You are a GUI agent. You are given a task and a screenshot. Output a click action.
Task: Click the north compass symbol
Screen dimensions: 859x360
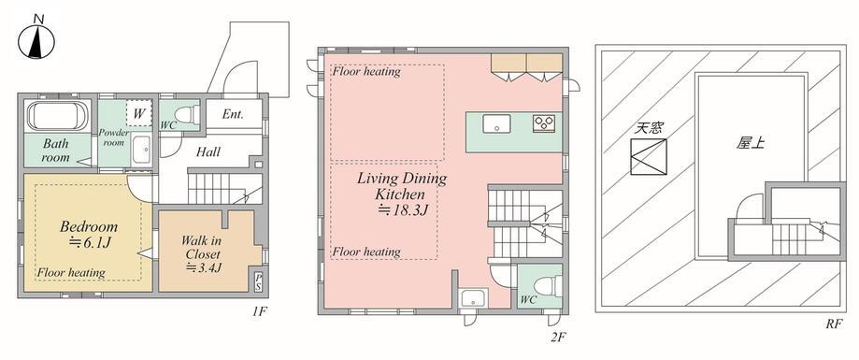37,41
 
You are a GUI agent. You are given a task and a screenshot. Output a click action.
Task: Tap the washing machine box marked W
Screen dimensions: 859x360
139,113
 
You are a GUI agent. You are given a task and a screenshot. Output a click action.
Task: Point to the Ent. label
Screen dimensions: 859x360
233,114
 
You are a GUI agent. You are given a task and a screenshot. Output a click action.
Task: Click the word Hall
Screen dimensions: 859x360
208,151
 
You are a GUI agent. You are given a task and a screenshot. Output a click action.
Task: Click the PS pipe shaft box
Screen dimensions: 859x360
258,281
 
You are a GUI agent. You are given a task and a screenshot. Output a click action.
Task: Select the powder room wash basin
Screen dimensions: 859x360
142,149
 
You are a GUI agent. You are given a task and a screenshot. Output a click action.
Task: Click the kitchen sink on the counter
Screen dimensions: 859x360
496,123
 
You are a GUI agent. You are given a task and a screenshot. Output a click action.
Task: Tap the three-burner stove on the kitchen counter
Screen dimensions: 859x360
544,123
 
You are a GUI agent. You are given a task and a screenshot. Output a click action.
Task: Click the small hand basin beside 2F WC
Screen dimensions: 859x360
472,299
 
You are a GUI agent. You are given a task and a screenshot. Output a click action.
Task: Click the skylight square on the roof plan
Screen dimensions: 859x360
648,157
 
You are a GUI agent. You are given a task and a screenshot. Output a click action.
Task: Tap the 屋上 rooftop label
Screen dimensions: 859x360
750,143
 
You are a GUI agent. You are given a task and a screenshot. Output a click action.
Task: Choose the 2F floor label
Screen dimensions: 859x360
557,338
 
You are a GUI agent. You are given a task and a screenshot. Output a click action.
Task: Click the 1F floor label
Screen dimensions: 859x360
259,311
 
